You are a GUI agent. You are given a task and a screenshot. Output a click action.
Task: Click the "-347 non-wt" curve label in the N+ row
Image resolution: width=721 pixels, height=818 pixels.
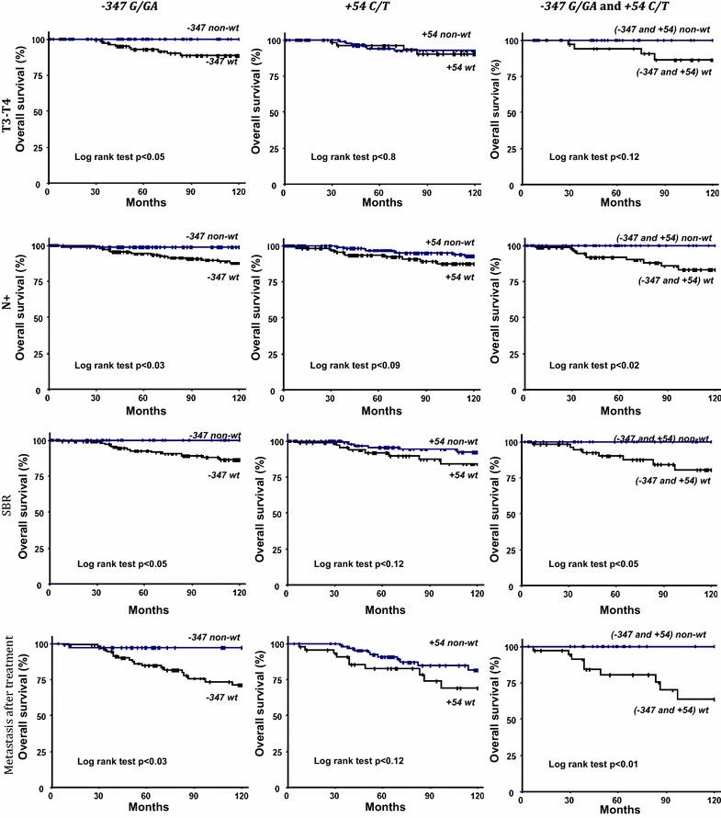point(217,236)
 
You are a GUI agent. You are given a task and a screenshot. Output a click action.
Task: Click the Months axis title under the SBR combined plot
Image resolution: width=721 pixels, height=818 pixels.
point(615,609)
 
